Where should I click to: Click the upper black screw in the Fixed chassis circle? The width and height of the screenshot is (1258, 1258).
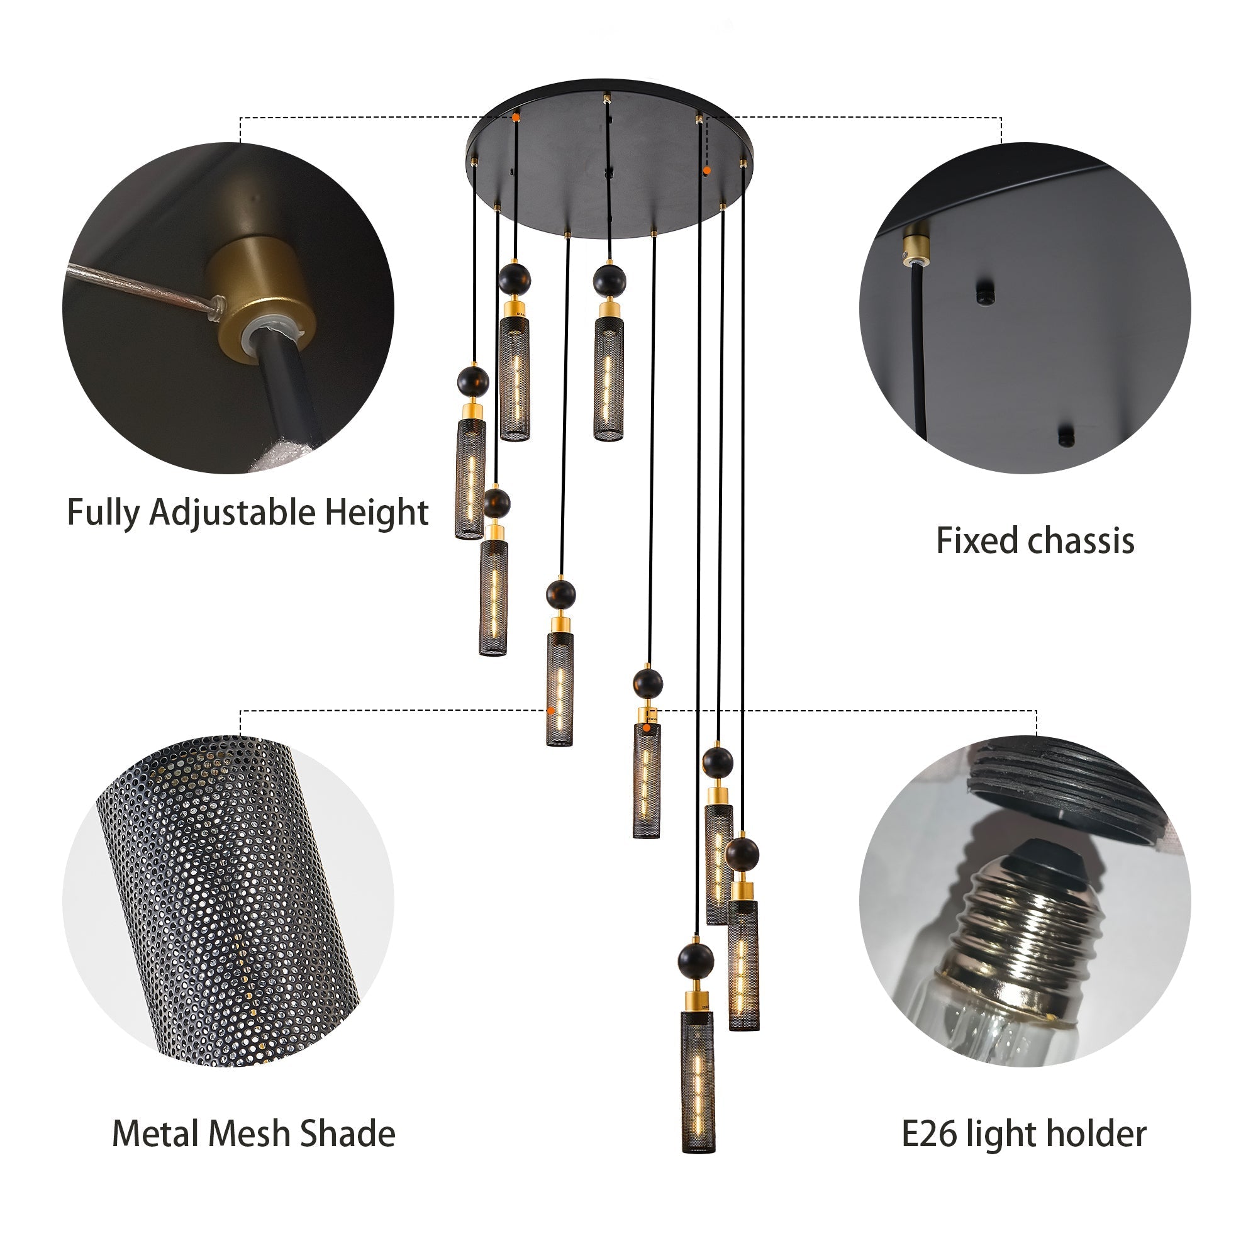[985, 293]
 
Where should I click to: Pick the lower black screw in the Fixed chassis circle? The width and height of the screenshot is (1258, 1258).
[1066, 435]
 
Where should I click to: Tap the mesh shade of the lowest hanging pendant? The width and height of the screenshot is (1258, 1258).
[698, 1081]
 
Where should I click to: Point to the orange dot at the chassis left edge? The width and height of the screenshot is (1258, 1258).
[516, 118]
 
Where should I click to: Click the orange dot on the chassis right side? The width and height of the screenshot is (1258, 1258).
[707, 170]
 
